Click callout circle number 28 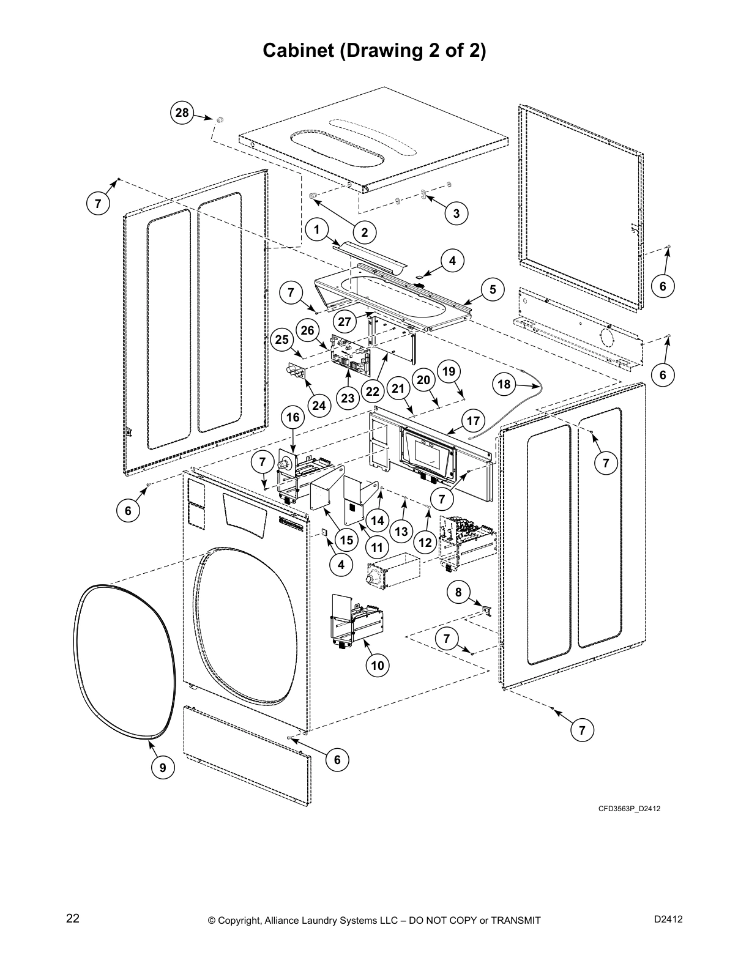pyautogui.click(x=182, y=113)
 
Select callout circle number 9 pyautogui.click(x=162, y=768)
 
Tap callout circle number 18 pyautogui.click(x=504, y=384)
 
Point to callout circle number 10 pyautogui.click(x=378, y=666)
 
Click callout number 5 pyautogui.click(x=492, y=289)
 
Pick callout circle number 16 pyautogui.click(x=293, y=418)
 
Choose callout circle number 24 pyautogui.click(x=319, y=405)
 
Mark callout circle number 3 pyautogui.click(x=456, y=213)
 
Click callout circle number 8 pyautogui.click(x=458, y=592)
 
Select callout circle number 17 pyautogui.click(x=473, y=421)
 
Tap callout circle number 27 pyautogui.click(x=345, y=322)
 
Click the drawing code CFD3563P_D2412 pyautogui.click(x=629, y=809)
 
